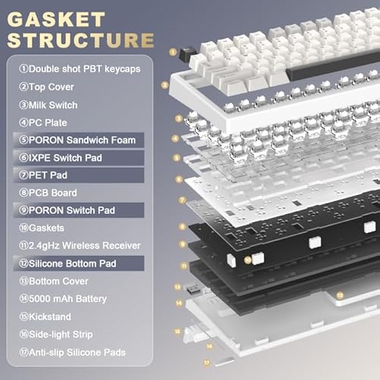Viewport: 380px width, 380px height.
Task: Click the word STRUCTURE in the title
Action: (82, 40)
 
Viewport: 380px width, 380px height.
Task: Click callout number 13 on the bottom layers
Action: (339, 294)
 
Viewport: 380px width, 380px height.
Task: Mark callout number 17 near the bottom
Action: (207, 362)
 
